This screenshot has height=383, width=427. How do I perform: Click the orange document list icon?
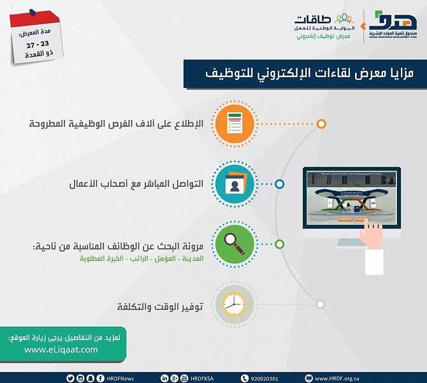click(x=235, y=124)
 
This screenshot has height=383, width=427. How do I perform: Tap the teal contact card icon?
click(x=235, y=184)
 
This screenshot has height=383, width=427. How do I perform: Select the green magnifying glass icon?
click(x=235, y=244)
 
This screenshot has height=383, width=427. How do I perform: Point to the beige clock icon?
click(x=235, y=305)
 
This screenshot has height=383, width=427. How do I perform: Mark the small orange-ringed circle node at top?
click(x=322, y=124)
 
